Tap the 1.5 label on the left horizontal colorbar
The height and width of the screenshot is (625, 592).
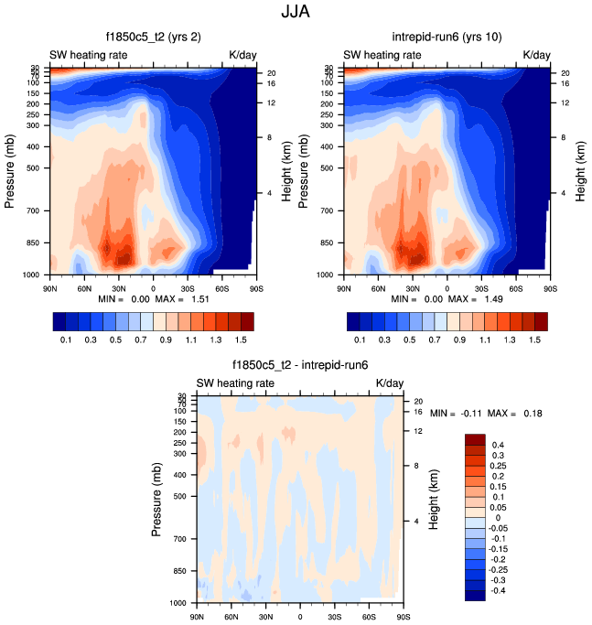coord(241,339)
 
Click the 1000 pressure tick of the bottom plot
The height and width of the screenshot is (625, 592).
coord(179,604)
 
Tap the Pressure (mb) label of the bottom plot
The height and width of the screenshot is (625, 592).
coord(156,499)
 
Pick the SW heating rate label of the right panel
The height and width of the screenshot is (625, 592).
coord(382,55)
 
